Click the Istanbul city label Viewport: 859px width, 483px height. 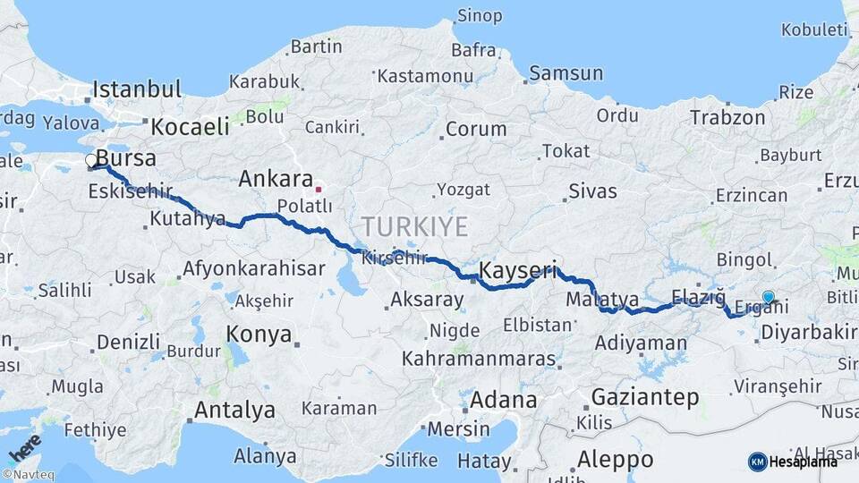(137, 89)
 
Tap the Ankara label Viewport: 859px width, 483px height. (275, 179)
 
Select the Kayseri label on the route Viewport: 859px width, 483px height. (518, 269)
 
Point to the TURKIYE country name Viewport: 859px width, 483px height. (414, 225)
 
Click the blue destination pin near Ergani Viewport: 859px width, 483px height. (768, 297)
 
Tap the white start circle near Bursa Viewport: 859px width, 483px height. (91, 161)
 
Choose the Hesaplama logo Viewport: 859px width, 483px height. (793, 462)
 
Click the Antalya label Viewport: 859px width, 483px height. (234, 411)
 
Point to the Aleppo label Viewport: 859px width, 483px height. (615, 459)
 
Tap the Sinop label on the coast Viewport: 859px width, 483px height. (480, 15)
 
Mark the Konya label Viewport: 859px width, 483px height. (259, 335)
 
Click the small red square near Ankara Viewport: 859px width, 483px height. (318, 190)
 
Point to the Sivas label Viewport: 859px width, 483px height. (594, 191)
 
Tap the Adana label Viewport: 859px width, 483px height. (503, 399)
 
